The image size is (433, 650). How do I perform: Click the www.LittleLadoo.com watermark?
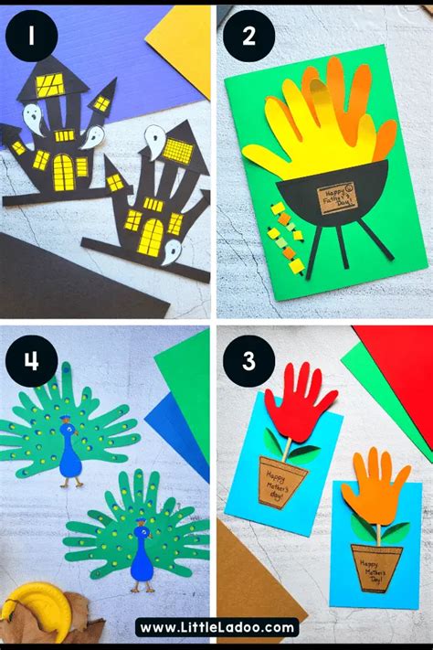[x=216, y=627]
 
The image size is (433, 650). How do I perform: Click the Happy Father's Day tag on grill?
[x=340, y=197]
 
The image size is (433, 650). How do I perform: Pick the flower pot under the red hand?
[x=281, y=482]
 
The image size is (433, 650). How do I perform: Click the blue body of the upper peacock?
[x=70, y=458]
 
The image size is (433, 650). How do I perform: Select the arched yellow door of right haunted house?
[x=151, y=237]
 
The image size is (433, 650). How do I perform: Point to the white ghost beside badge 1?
[x=31, y=117]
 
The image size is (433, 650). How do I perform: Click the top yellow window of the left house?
[x=50, y=85]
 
